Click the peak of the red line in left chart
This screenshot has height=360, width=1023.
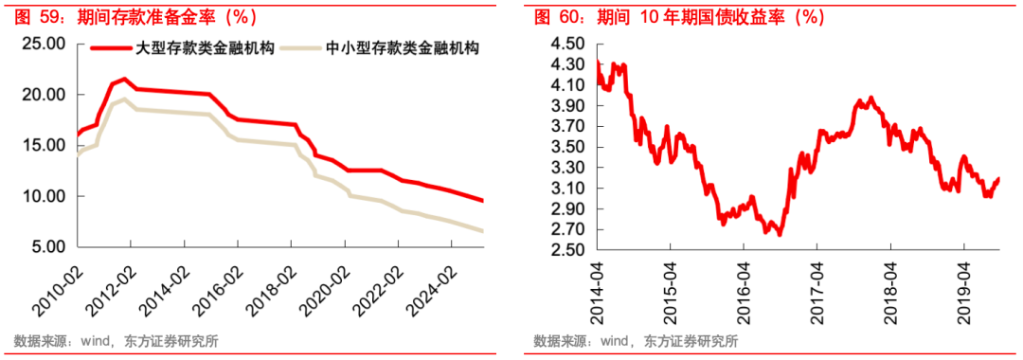tap(124, 79)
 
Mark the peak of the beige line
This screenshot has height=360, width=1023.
tap(124, 99)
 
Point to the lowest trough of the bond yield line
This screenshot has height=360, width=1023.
tap(779, 234)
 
